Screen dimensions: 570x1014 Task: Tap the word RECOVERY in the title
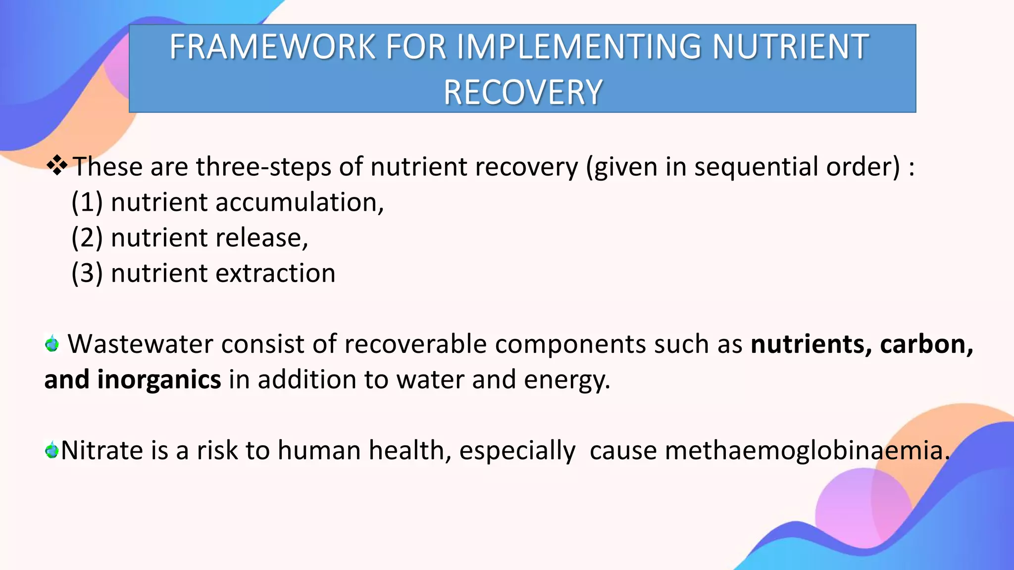pyautogui.click(x=523, y=93)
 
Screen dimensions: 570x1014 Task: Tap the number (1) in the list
pyautogui.click(x=87, y=202)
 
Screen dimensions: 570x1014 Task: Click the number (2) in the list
pyautogui.click(x=87, y=238)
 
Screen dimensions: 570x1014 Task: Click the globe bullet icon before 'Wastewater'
pyautogui.click(x=51, y=343)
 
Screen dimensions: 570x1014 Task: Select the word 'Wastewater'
pyautogui.click(x=140, y=344)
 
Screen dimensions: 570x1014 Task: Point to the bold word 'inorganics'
pyautogui.click(x=159, y=380)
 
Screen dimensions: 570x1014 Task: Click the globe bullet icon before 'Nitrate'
pyautogui.click(x=51, y=450)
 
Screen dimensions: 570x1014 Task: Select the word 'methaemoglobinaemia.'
pyautogui.click(x=807, y=451)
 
